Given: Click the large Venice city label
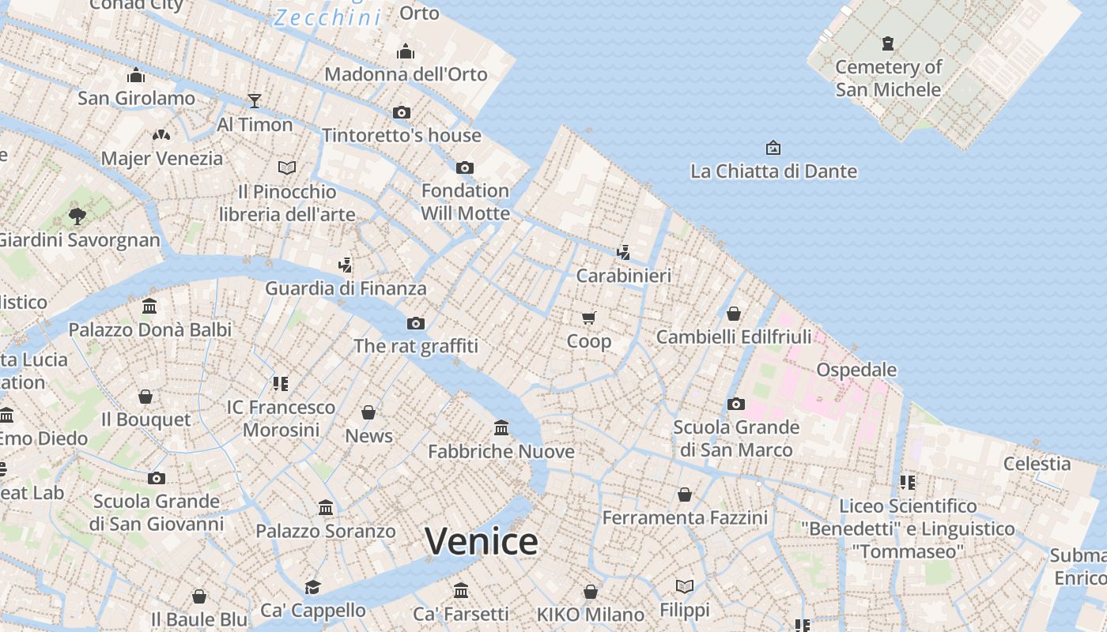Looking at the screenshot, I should point(481,541).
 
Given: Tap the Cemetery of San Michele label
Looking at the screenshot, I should point(888,78).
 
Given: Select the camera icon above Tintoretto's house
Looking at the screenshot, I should point(402,112).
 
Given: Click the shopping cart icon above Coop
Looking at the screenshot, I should point(588,318).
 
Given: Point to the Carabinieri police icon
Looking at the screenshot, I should point(623,252).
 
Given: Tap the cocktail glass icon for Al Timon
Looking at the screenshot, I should point(254,100).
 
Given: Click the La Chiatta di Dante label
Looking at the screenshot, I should point(773,171).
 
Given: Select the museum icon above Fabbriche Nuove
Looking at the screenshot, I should point(501,427).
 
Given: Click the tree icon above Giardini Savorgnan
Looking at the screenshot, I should point(77,215).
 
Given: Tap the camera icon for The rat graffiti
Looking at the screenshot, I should point(415,323).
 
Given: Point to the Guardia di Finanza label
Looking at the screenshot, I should point(346,288).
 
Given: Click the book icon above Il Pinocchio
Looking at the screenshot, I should point(287,167).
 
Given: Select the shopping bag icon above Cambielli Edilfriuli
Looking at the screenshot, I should point(734,314).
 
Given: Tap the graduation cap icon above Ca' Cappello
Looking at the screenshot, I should point(313,587).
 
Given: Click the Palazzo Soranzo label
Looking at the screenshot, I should point(325,531).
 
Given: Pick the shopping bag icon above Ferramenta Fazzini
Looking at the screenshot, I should point(685,495).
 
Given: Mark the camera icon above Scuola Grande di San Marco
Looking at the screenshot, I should point(736,404).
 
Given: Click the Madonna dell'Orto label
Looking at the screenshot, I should point(406,74).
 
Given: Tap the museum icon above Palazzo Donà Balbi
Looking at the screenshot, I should point(149,306).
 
